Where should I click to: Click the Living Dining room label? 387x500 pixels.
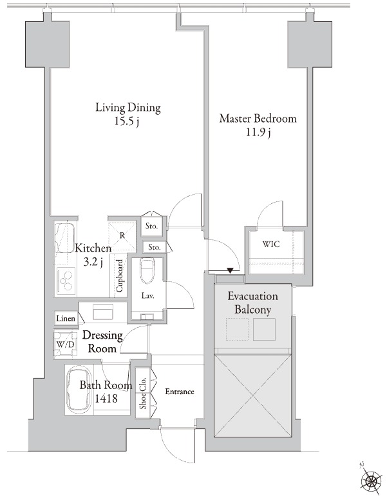[128, 108]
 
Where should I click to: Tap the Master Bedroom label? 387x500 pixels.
[258, 119]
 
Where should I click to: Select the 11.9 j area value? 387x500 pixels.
[258, 132]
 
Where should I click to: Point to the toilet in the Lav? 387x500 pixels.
[147, 271]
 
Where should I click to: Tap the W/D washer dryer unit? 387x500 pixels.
[66, 344]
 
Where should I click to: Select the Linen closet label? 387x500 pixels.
[66, 318]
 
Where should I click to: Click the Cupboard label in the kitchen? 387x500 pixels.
[120, 275]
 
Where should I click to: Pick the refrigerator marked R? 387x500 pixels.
[122, 236]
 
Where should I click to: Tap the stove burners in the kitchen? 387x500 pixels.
[66, 281]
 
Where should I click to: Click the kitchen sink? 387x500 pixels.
[65, 237]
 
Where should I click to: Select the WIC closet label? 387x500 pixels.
[271, 245]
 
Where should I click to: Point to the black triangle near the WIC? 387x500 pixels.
[231, 270]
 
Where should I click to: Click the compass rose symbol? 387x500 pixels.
[372, 479]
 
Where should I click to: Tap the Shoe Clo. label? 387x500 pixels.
[142, 393]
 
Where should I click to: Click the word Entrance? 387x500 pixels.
[180, 391]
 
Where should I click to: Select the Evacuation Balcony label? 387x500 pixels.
[252, 303]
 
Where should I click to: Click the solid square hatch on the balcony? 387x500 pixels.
[264, 330]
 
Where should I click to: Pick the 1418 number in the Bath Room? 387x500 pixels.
[106, 398]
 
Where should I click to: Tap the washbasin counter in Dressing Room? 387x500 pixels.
[103, 312]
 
